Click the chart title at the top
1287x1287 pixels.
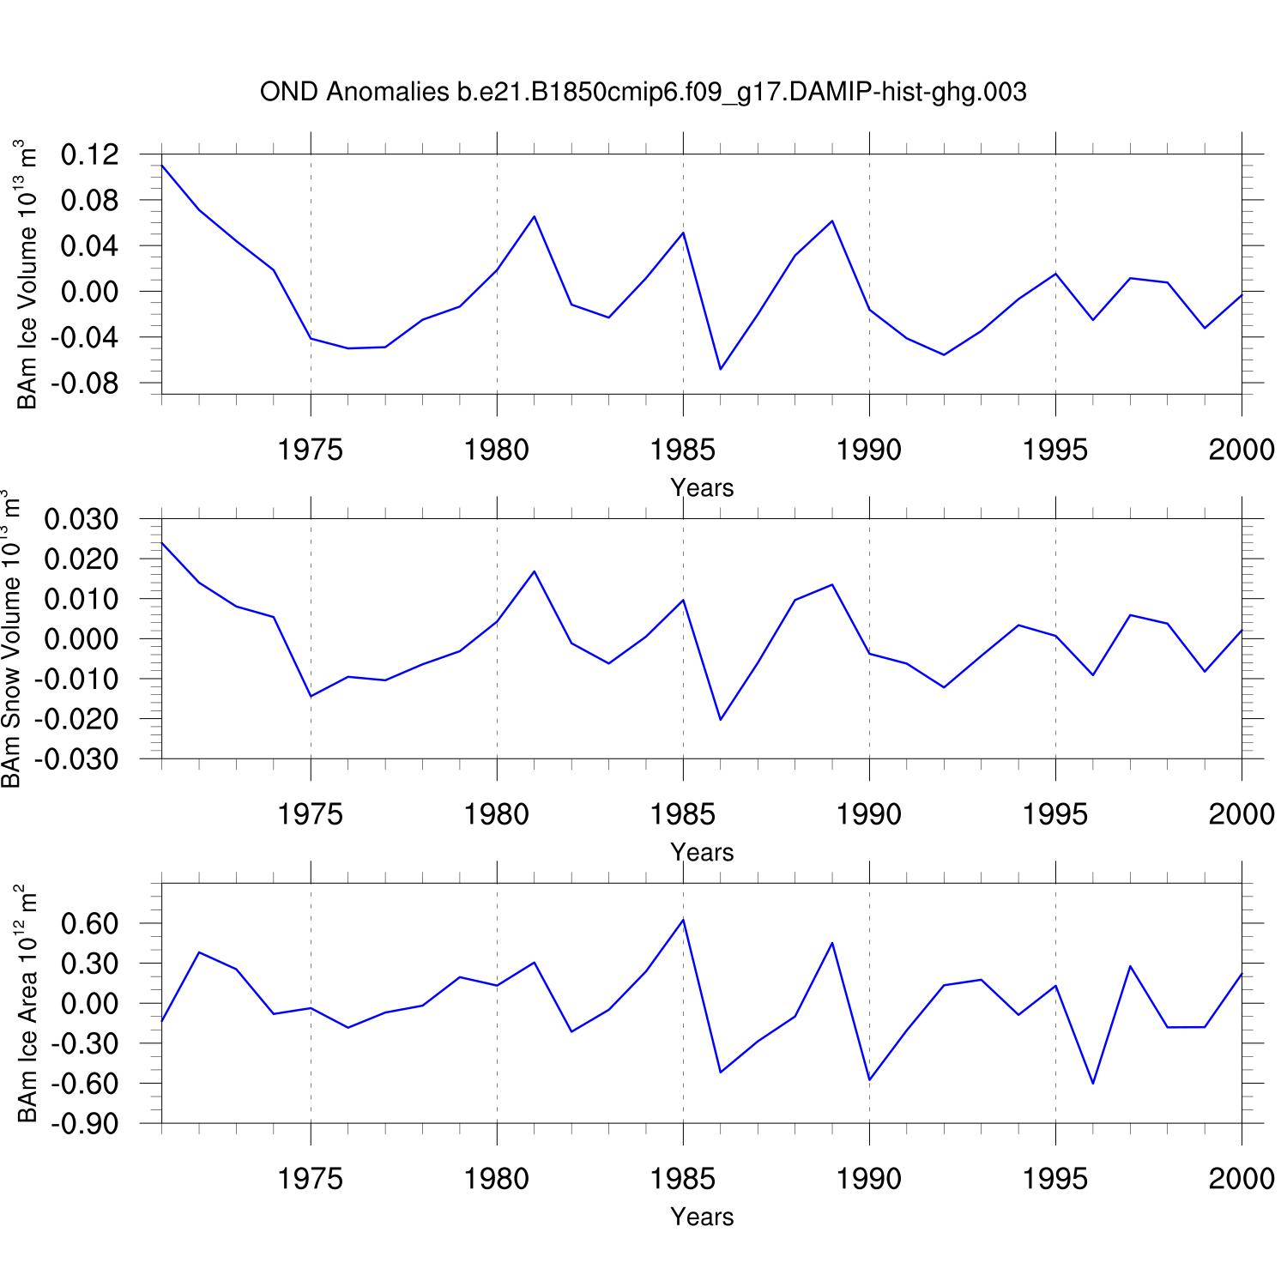click(643, 92)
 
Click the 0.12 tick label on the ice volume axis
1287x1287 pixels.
click(89, 155)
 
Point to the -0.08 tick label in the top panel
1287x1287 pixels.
click(84, 383)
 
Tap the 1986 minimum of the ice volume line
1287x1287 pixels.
click(721, 369)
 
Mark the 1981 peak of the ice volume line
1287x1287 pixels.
click(534, 216)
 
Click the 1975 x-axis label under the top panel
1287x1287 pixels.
click(310, 450)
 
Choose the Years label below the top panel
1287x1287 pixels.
click(702, 488)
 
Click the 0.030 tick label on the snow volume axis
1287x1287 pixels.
click(81, 519)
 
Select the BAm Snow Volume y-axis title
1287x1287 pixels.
click(10, 639)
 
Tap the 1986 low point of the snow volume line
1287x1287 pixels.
click(721, 719)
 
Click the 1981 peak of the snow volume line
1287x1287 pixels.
click(534, 571)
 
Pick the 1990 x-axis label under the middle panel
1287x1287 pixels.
click(869, 814)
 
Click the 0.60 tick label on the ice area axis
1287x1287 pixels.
click(89, 924)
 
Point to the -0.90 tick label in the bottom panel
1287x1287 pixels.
click(84, 1124)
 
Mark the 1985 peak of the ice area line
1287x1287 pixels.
click(683, 920)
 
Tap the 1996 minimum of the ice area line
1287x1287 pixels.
click(1093, 1083)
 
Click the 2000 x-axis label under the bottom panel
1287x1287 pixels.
click(1242, 1179)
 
